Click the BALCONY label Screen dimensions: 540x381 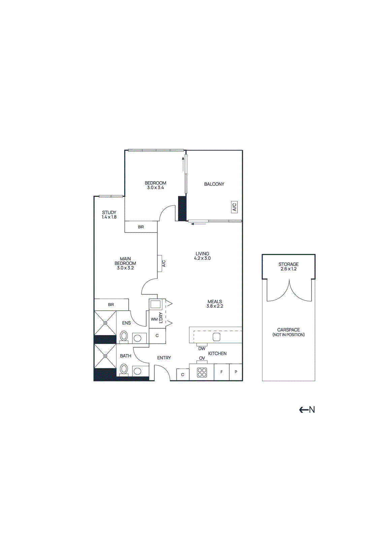point(214,184)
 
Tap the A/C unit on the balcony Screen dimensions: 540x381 point(234,207)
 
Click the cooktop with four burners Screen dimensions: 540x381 point(202,373)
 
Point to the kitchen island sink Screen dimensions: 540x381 point(217,337)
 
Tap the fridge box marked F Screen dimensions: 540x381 point(221,372)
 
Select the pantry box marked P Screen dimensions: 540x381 point(236,372)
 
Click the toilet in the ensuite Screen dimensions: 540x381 point(124,336)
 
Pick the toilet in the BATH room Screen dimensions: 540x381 point(124,369)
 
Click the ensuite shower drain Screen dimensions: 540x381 point(105,323)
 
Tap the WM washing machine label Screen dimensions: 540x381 point(154,319)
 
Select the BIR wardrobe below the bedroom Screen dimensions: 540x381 point(141,227)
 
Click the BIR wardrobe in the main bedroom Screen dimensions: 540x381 point(111,304)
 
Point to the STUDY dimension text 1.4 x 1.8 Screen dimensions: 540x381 point(109,217)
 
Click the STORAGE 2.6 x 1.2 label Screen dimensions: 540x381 point(288,266)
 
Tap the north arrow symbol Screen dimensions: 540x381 point(307,410)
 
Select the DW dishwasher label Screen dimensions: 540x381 point(202,349)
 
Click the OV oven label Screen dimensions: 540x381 point(202,358)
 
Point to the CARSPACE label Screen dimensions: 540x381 point(288,330)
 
